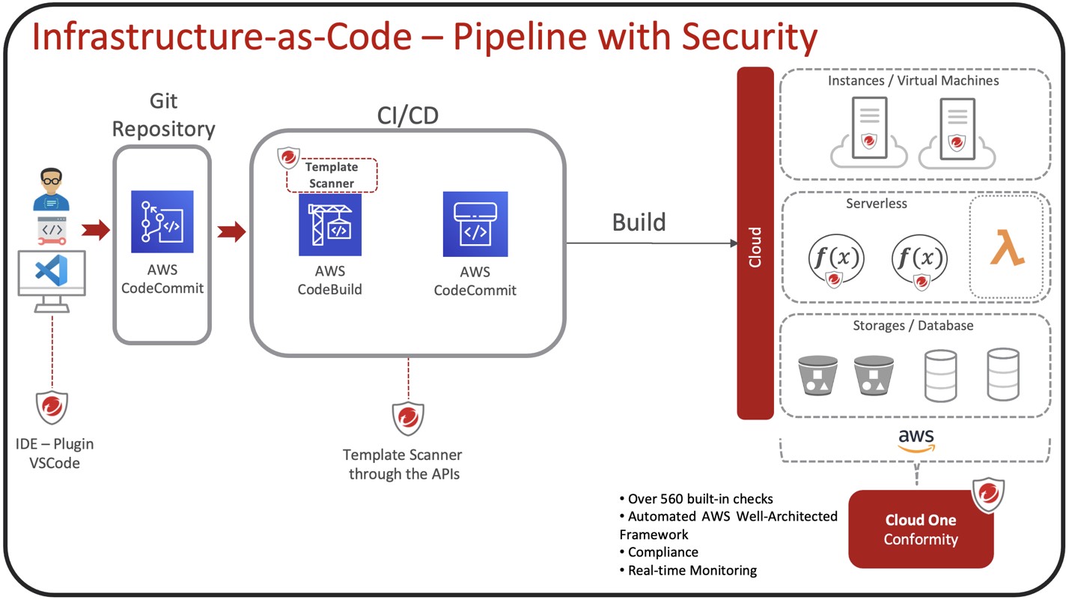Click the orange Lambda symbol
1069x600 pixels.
point(1007,248)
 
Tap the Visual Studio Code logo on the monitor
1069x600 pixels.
point(51,271)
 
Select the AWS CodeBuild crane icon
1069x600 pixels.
point(330,225)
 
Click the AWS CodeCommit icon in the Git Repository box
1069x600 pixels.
point(162,222)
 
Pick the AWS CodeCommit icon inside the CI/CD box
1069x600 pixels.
point(475,224)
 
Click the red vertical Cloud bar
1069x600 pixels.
point(755,243)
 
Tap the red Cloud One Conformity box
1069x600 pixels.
point(921,530)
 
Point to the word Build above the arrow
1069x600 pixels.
point(639,222)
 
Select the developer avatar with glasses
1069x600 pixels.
point(51,191)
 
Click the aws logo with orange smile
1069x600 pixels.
point(916,440)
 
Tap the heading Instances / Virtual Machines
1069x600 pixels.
point(913,81)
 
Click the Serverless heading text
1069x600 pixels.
point(875,204)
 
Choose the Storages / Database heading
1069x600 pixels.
point(913,326)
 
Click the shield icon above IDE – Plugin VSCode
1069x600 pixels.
point(52,407)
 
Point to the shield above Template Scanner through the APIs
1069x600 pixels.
point(408,419)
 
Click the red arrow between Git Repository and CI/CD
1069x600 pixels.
point(231,231)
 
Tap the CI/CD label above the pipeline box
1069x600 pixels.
point(408,115)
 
